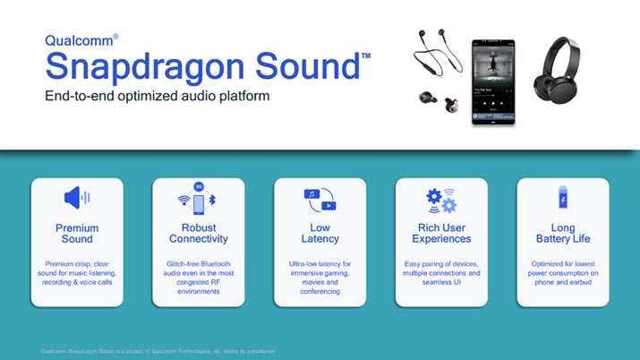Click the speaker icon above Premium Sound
pos(77,199)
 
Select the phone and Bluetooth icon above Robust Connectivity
pos(198,199)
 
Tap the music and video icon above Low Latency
pos(320,199)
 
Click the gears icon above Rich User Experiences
pos(441,199)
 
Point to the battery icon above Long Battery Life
pos(562,199)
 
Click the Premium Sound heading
pos(77,234)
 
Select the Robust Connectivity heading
pos(198,234)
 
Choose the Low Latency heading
pos(320,234)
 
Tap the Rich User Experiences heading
pos(441,234)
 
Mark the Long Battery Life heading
pos(562,234)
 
